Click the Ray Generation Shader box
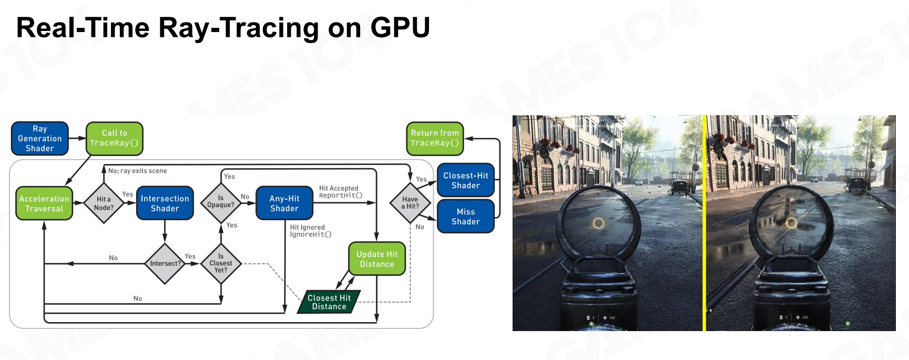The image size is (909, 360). [x=40, y=139]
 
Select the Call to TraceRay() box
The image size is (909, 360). [x=114, y=139]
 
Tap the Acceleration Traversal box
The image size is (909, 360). [x=44, y=203]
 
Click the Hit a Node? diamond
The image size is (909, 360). [x=104, y=203]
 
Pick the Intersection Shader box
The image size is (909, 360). [x=165, y=203]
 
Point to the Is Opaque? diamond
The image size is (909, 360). [x=221, y=202]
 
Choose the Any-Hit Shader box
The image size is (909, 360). [x=284, y=203]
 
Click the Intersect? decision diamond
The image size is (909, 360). [x=165, y=263]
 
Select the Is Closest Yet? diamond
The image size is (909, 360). [x=221, y=263]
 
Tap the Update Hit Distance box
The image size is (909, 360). [x=377, y=259]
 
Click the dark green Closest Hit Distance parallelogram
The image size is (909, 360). [x=329, y=302]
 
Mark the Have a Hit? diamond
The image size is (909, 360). [x=410, y=203]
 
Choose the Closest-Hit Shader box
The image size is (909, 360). [x=466, y=181]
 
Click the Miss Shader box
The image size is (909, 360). [x=466, y=217]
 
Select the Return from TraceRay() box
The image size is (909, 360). [x=435, y=139]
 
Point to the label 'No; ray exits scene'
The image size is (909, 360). [x=137, y=171]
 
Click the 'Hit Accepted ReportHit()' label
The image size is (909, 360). [x=340, y=192]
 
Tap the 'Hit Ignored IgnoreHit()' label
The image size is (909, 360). [x=310, y=231]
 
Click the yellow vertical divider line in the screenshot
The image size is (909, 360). [x=704, y=223]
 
